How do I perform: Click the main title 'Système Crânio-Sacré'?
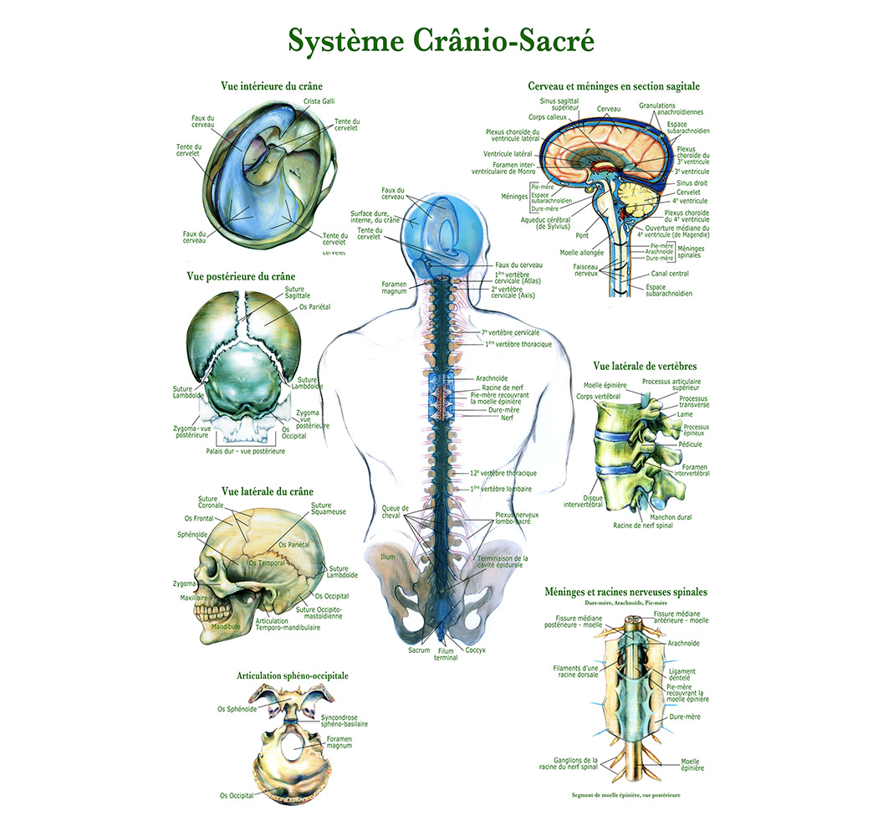(x=441, y=40)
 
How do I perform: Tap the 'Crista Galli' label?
(x=319, y=102)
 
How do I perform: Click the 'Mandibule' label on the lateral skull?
(x=225, y=626)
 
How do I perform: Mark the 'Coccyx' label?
(x=476, y=650)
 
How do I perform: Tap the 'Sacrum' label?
(x=419, y=650)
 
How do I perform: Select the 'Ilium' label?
(x=387, y=557)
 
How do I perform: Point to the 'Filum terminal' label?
(x=446, y=655)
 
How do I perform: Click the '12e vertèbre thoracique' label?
(x=503, y=473)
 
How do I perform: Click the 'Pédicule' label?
(x=691, y=444)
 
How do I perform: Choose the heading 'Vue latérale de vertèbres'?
(x=645, y=366)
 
